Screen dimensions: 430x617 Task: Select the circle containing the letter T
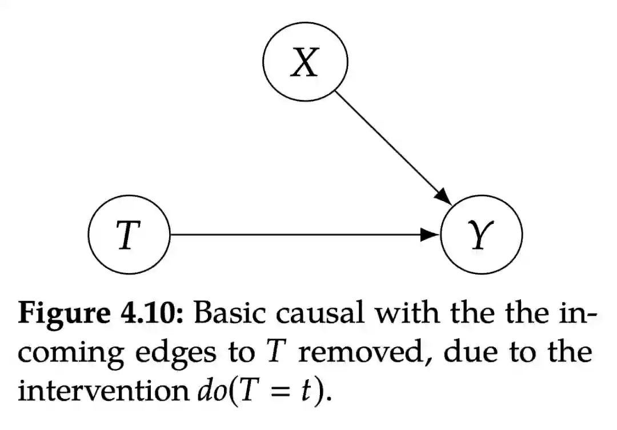point(130,235)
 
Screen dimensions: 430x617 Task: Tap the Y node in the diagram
point(482,235)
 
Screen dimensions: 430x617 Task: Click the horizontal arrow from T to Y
point(297,235)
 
